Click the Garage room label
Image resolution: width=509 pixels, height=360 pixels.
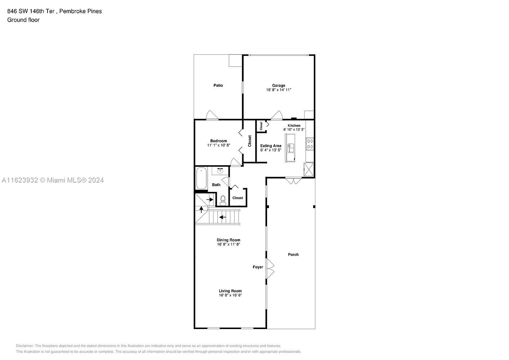278,85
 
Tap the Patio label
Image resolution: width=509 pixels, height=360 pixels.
218,85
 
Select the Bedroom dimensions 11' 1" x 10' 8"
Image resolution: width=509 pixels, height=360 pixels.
219,145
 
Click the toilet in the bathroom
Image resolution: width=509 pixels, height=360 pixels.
223,200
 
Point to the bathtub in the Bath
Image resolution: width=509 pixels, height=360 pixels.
201,178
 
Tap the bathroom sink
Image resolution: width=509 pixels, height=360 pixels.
220,171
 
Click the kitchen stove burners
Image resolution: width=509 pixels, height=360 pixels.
310,144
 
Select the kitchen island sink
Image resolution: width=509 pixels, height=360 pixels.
290,148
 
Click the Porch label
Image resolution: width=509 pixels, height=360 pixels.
293,255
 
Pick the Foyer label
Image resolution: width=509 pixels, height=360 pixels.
258,267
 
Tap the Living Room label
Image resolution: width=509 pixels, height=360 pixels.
230,291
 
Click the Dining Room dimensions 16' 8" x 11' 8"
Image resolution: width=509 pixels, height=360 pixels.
228,244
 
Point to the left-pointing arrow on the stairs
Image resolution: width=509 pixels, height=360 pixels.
222,217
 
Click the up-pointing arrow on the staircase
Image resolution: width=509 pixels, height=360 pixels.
201,209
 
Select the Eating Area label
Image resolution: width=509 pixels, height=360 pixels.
271,146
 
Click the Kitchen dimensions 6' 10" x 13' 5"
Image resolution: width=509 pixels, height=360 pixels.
294,130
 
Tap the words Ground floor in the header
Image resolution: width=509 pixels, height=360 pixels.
23,20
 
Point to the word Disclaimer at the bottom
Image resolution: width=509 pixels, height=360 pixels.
25,346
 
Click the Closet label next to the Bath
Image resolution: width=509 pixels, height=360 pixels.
238,198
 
